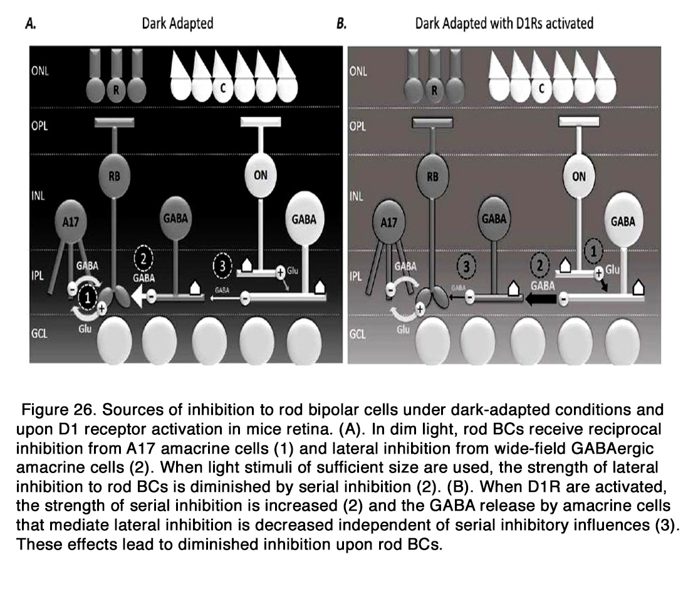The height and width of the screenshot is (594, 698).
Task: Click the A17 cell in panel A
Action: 71,221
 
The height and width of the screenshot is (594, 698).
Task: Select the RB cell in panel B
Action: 433,177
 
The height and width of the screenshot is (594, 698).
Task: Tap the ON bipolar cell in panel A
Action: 261,175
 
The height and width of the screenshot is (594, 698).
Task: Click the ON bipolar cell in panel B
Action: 579,177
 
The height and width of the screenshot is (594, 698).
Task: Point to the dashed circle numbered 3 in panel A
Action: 222,266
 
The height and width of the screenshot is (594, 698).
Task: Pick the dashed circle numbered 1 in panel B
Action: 593,251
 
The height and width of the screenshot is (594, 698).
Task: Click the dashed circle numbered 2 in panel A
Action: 143,259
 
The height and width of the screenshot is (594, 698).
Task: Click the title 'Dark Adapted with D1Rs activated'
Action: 504,23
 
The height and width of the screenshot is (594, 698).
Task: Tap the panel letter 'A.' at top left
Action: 30,24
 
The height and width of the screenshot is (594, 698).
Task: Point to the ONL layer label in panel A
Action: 39,71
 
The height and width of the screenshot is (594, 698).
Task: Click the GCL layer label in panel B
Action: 357,333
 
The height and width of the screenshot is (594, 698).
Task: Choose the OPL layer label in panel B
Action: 357,127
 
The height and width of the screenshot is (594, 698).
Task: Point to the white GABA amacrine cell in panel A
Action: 304,219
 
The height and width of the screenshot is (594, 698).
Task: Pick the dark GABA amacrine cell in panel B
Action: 494,219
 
